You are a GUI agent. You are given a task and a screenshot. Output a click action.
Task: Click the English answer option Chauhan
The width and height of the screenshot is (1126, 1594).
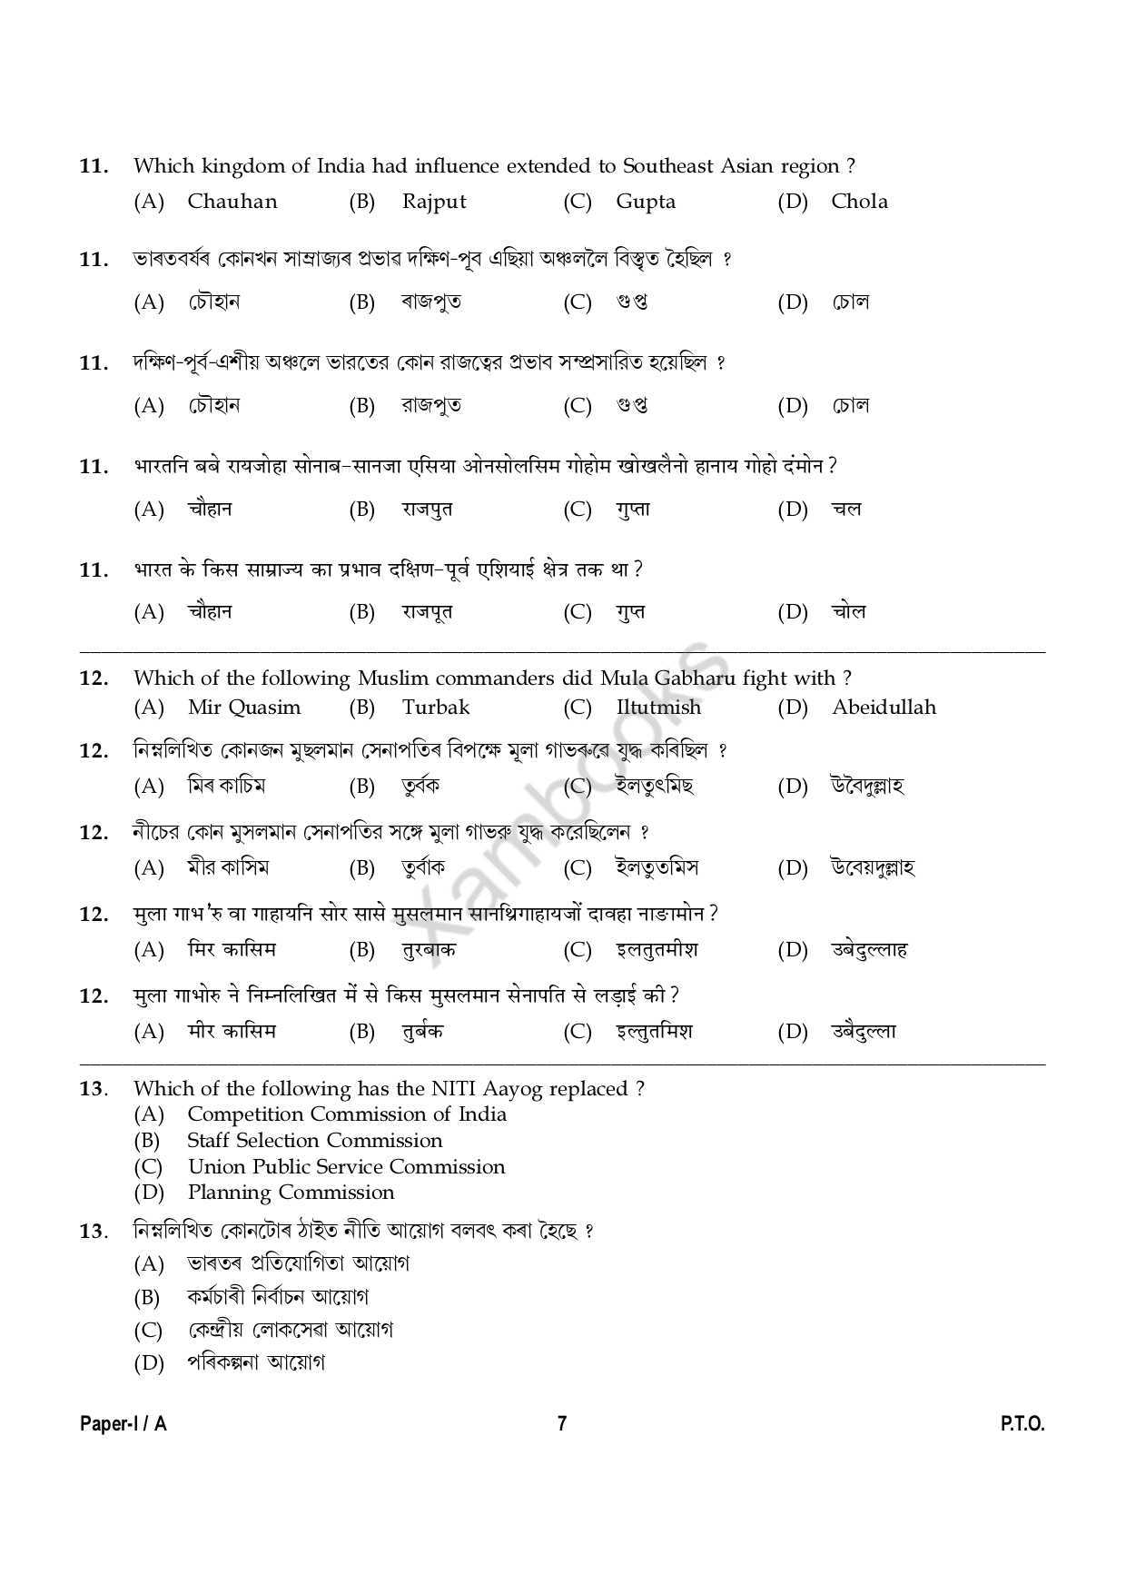click(x=232, y=202)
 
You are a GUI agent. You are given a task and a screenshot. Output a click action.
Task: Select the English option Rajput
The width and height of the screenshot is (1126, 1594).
click(x=434, y=202)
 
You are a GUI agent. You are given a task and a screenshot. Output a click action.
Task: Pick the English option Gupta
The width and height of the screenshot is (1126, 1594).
click(x=646, y=202)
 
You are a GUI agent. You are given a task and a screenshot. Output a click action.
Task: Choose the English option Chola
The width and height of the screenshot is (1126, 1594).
click(x=859, y=202)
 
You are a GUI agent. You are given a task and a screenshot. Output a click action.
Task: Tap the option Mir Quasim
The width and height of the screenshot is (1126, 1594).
click(x=243, y=708)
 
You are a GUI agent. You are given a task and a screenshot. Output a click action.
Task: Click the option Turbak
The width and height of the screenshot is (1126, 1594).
click(x=436, y=708)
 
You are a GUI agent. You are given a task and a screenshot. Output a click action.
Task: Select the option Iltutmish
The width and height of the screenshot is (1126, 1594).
click(x=658, y=708)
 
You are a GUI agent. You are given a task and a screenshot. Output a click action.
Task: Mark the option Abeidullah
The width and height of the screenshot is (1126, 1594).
click(x=884, y=708)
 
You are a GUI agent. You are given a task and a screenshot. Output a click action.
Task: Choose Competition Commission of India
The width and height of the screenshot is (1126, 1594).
click(x=347, y=1114)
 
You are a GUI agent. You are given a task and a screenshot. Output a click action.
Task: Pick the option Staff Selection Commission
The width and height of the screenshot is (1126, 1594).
click(x=314, y=1141)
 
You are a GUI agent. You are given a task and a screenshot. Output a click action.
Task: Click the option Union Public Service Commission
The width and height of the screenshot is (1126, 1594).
click(x=346, y=1167)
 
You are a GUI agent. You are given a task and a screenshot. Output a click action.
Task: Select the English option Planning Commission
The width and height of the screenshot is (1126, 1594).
click(x=291, y=1193)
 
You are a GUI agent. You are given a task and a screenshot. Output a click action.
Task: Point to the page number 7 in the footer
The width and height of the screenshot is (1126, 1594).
click(x=562, y=1423)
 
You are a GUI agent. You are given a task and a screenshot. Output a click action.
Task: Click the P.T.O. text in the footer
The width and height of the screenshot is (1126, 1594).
click(x=1022, y=1423)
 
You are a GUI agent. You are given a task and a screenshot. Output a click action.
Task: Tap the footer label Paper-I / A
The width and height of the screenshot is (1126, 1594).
click(x=123, y=1423)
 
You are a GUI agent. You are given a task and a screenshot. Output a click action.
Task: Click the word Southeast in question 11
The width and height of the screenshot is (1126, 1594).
click(x=668, y=166)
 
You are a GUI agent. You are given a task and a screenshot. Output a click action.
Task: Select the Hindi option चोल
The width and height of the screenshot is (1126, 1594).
click(x=849, y=612)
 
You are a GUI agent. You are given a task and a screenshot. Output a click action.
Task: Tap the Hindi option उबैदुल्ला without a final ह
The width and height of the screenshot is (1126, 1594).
click(x=864, y=1032)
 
